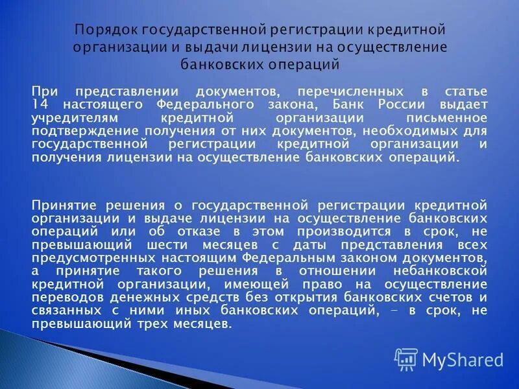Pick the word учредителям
pos(67,119)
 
